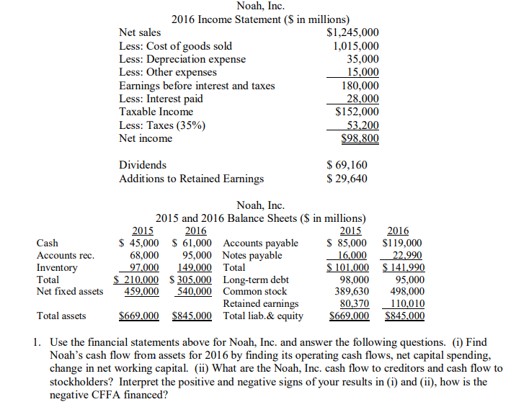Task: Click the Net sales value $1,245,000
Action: (x=352, y=32)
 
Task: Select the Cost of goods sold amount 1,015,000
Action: (x=356, y=46)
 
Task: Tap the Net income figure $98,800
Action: (x=359, y=138)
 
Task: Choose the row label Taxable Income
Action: (x=156, y=112)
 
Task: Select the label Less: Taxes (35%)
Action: (x=161, y=125)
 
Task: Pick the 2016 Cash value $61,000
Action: (x=192, y=244)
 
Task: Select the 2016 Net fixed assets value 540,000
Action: (x=194, y=291)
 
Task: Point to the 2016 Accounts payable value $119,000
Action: (x=402, y=244)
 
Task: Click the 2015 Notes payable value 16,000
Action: (x=352, y=255)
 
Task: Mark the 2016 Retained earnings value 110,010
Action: (x=406, y=303)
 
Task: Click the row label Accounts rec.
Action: (x=66, y=255)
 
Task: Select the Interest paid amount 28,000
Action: (x=363, y=99)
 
